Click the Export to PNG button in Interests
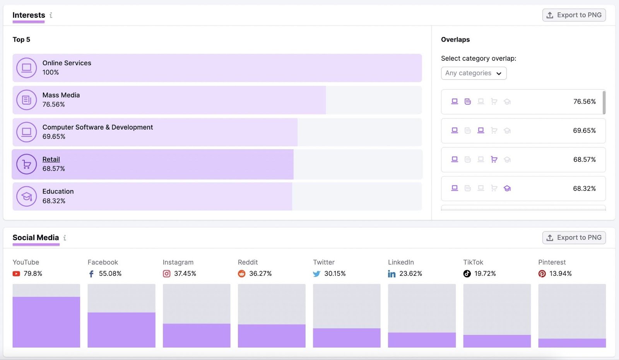coord(574,15)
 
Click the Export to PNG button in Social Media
coord(574,237)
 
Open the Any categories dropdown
coord(474,73)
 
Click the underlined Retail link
coord(51,159)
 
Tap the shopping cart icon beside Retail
coord(26,164)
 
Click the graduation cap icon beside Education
coord(26,196)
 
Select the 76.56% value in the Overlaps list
coord(584,102)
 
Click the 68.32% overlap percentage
coord(584,189)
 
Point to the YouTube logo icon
coord(16,274)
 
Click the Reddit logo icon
coord(241,274)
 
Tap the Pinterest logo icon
coord(542,274)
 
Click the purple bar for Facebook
coord(121,330)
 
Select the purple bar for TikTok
coord(497,341)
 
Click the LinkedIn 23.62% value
coord(410,274)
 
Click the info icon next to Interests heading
coord(51,15)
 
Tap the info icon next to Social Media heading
coord(65,238)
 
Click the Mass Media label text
coord(61,95)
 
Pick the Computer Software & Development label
coord(97,127)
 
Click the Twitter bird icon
coord(316,274)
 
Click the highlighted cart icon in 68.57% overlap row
coord(494,159)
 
